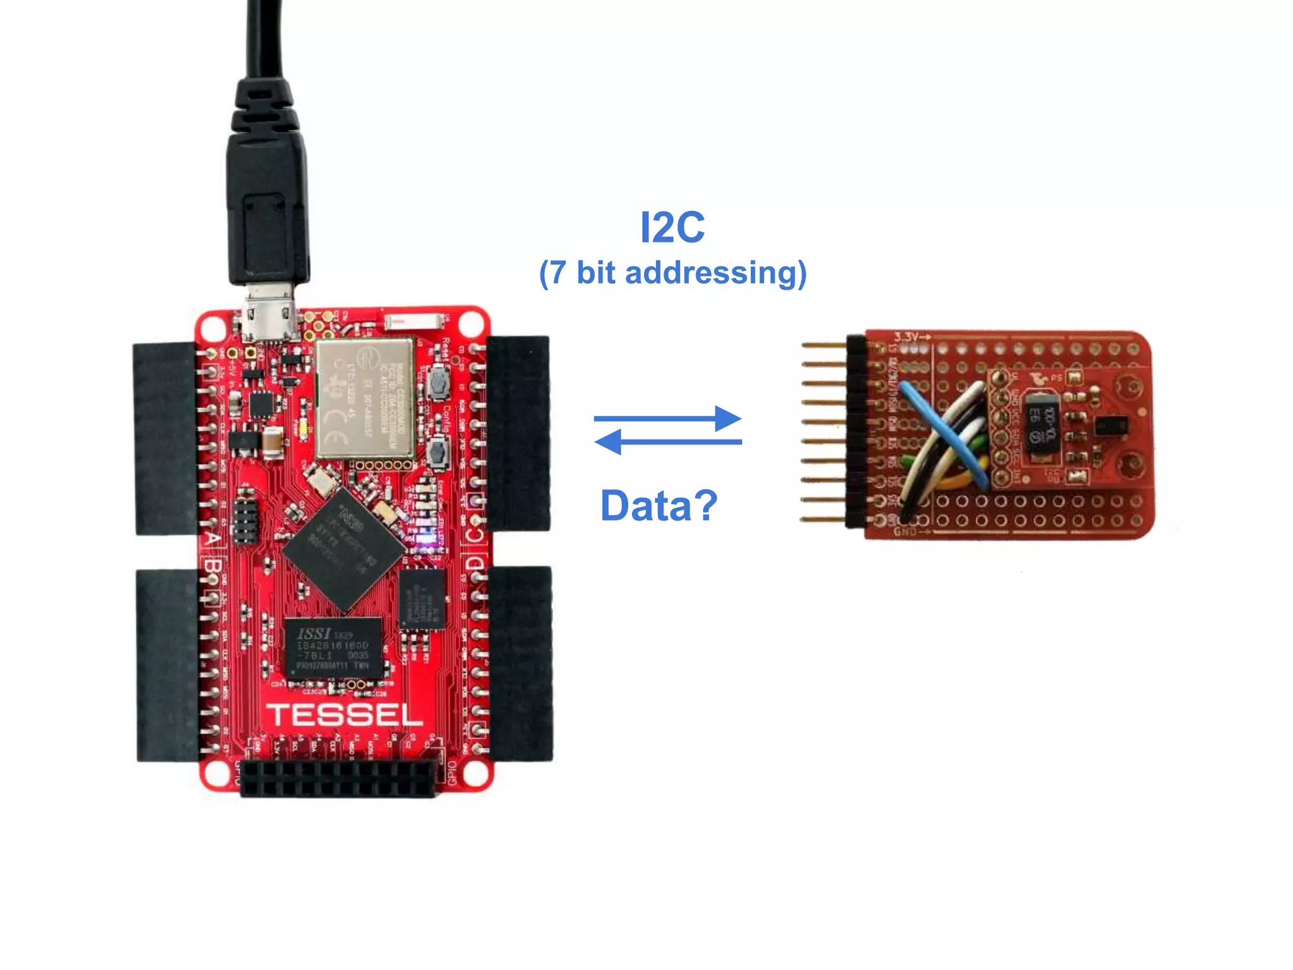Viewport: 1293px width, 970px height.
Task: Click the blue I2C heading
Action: [x=672, y=227]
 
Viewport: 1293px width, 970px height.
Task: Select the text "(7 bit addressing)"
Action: [x=672, y=273]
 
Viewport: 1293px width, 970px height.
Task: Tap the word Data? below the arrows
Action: [x=658, y=505]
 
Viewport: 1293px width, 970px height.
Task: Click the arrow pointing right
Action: [x=668, y=418]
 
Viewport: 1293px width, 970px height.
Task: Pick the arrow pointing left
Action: [x=668, y=441]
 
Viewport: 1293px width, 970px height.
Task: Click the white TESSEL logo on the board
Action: [x=345, y=715]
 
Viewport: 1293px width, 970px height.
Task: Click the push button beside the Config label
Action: [x=437, y=451]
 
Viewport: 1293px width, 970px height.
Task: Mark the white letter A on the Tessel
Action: [x=213, y=539]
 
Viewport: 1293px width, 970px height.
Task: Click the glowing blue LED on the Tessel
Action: [x=429, y=541]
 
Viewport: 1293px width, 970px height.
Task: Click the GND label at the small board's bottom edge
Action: [x=907, y=532]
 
